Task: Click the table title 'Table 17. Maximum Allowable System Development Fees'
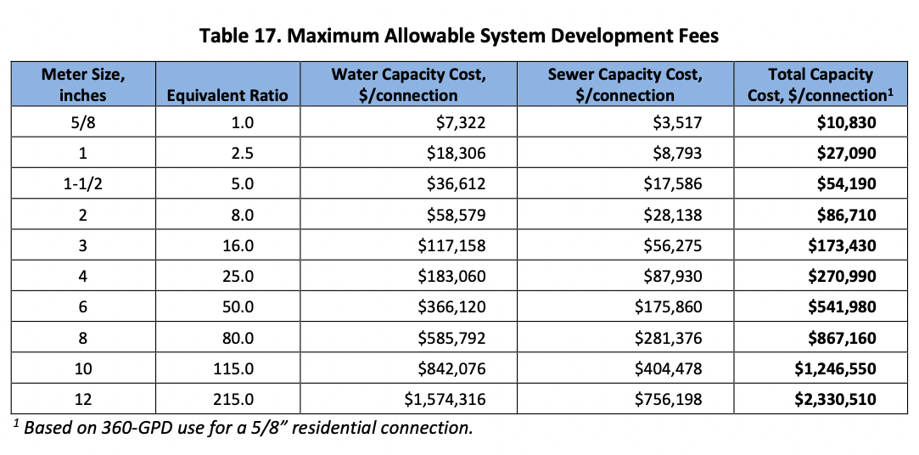(x=459, y=36)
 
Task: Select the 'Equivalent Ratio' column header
(x=227, y=95)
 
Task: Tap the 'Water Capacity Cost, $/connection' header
(x=409, y=84)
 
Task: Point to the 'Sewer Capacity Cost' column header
(x=625, y=84)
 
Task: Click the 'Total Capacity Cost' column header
(x=820, y=84)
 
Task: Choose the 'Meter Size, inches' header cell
(x=83, y=84)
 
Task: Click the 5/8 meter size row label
(x=83, y=123)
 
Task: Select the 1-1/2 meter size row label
(x=83, y=184)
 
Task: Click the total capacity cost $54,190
(x=846, y=184)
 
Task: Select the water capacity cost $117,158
(x=454, y=245)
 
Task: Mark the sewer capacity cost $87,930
(x=671, y=276)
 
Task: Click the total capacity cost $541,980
(x=842, y=306)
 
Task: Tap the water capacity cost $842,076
(x=454, y=368)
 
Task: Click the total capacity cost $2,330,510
(x=835, y=398)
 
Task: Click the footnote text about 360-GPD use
(x=246, y=427)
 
